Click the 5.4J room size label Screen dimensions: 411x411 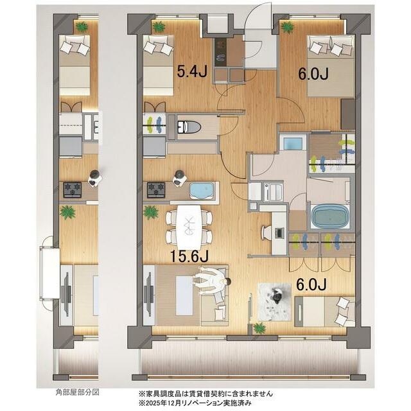[192, 71]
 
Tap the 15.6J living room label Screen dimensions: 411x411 [189, 256]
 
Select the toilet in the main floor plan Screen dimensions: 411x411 [189, 127]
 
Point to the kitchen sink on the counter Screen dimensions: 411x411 [202, 190]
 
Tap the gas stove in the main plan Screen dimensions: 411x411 [156, 190]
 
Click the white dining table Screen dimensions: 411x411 [189, 227]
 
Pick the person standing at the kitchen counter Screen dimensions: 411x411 [179, 179]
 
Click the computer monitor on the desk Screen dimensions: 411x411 [279, 232]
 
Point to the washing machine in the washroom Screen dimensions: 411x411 [274, 192]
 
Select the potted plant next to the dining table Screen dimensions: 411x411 [151, 213]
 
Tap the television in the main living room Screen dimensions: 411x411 [150, 295]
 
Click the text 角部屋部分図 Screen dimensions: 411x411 [78, 392]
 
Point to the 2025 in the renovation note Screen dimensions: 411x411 [152, 403]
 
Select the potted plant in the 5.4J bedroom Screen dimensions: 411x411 [159, 27]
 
